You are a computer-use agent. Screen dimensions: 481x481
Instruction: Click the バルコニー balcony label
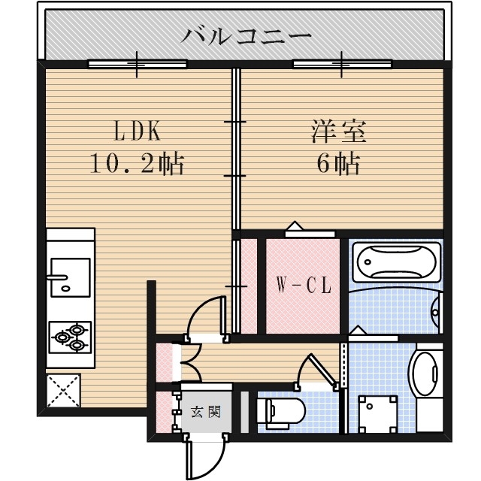coord(247,35)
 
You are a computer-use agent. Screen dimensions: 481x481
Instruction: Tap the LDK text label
coord(137,132)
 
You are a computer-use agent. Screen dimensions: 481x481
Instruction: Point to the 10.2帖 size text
coord(137,163)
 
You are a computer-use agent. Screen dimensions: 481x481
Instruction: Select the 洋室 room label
coord(339,132)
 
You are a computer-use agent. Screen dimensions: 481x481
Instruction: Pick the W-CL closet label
coord(302,286)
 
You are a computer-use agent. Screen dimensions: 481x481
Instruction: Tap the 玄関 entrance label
coord(204,411)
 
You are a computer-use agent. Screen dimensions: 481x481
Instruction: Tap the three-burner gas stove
coord(70,337)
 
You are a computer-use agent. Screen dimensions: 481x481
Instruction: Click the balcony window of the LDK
coord(137,64)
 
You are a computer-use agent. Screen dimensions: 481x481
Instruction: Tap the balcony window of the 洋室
coord(342,64)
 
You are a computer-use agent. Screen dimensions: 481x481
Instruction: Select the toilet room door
coord(316,370)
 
